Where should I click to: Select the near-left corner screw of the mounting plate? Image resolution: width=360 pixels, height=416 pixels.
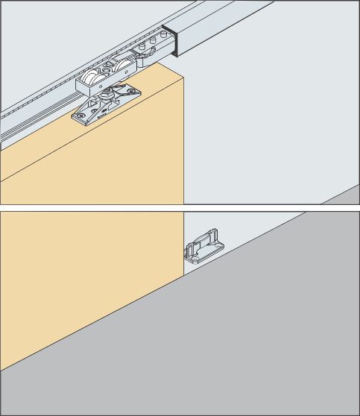[79, 116]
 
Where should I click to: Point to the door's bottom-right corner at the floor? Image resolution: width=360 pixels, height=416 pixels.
[183, 276]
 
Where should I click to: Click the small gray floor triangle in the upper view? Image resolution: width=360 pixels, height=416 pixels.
[345, 197]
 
